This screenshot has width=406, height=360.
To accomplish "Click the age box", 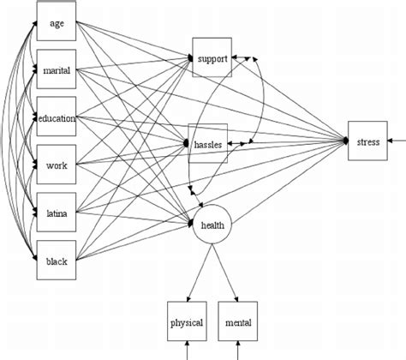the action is pyautogui.click(x=57, y=21).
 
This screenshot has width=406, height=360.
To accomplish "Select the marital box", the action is pyautogui.click(x=57, y=69).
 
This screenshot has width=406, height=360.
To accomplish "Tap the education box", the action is pyautogui.click(x=57, y=117).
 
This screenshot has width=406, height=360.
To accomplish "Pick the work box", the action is pyautogui.click(x=57, y=165).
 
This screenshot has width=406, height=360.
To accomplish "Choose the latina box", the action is pyautogui.click(x=57, y=212).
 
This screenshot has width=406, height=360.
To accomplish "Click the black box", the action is pyautogui.click(x=57, y=260).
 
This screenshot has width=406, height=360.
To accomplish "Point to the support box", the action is pyautogui.click(x=212, y=57).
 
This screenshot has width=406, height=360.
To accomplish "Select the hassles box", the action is pyautogui.click(x=208, y=143).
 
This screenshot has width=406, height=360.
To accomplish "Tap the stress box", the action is pyautogui.click(x=367, y=141).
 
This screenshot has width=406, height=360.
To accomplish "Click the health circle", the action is pyautogui.click(x=212, y=225).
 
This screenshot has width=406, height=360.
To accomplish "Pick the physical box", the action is pyautogui.click(x=187, y=321).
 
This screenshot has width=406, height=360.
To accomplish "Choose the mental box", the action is pyautogui.click(x=238, y=321).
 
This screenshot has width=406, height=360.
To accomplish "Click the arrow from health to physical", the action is pyautogui.click(x=200, y=273).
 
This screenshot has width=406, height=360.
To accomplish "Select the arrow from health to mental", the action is pyautogui.click(x=225, y=273).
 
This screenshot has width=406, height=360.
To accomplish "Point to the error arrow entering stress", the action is pyautogui.click(x=397, y=141).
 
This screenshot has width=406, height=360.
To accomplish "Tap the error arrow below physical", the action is pyautogui.click(x=188, y=351).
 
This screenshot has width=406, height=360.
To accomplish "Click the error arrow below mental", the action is pyautogui.click(x=238, y=351).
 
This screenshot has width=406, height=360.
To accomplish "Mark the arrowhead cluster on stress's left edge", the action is pyautogui.click(x=345, y=141).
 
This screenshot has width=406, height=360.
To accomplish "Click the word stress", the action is pyautogui.click(x=368, y=142).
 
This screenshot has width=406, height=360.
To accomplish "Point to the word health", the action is pyautogui.click(x=212, y=225).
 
